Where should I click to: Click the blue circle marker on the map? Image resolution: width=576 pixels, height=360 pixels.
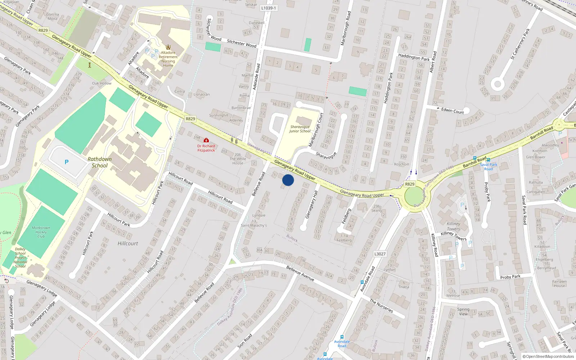[x=288, y=180]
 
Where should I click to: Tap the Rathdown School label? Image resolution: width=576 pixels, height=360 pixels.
[x=99, y=162]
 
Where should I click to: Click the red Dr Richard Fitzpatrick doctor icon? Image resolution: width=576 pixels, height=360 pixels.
[x=206, y=140]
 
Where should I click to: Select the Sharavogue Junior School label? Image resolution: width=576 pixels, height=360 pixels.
[x=300, y=129]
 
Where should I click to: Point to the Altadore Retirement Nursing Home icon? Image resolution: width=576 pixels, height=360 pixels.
[x=168, y=47]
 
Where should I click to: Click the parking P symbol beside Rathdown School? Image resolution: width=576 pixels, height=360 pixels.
[x=67, y=162]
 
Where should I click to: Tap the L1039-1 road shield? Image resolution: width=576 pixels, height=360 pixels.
[x=269, y=8]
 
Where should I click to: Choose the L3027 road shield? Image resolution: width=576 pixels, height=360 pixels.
[x=380, y=254]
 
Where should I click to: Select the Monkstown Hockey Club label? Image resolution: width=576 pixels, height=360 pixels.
[x=41, y=232]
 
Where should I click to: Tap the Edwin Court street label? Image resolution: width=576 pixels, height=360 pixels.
[x=453, y=111]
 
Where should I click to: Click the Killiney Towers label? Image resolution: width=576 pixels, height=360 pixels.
[x=453, y=226]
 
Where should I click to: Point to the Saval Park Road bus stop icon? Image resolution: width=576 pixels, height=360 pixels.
[x=489, y=159]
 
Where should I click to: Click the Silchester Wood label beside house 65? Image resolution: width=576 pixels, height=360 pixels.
[x=242, y=44]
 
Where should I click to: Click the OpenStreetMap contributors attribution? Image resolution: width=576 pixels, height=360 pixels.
[x=548, y=357]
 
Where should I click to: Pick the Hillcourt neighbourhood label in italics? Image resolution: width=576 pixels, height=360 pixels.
[x=128, y=243]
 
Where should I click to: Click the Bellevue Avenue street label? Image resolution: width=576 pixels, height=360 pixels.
[x=300, y=273]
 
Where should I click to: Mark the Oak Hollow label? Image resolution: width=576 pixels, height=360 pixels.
[x=102, y=83]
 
